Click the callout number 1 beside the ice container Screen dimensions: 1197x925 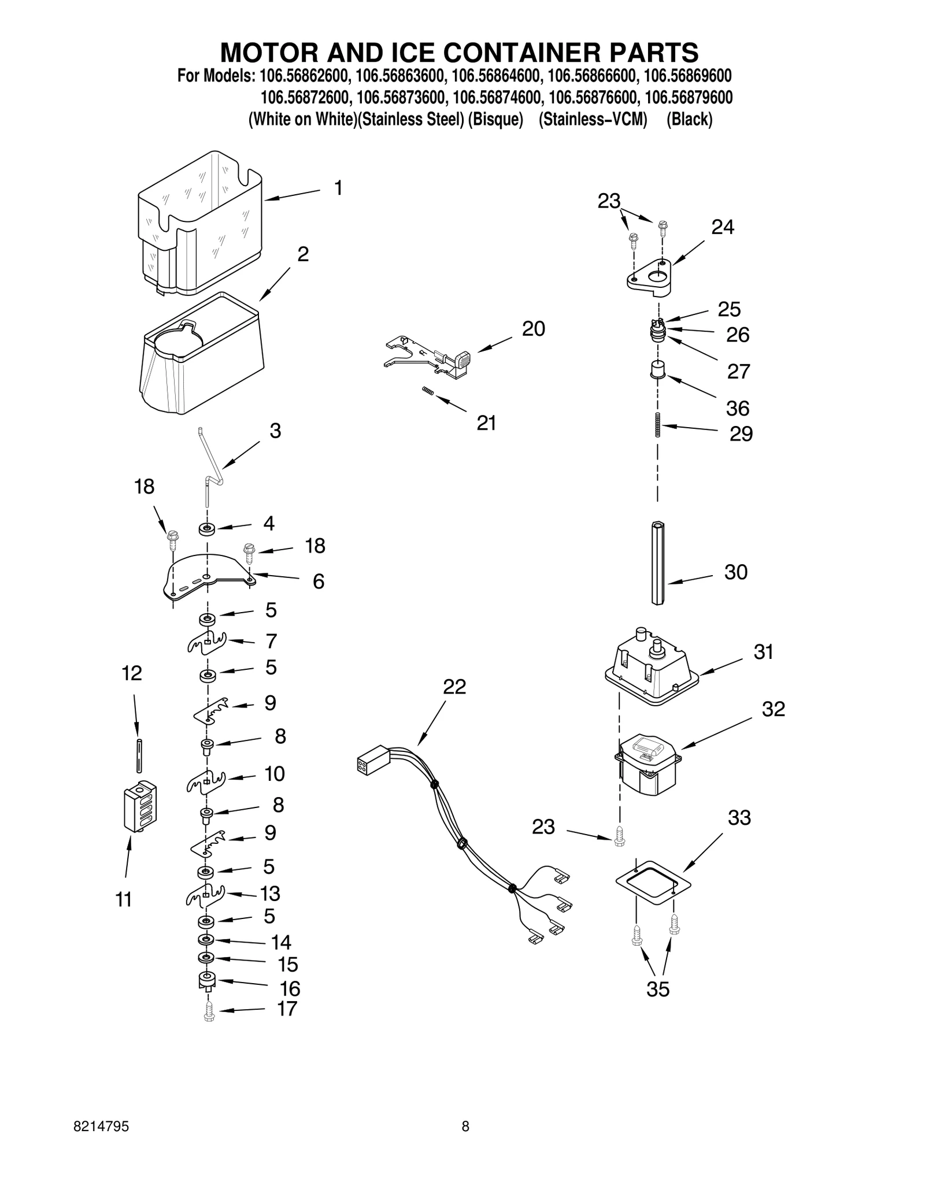pos(338,188)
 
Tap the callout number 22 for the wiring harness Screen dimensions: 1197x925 pos(454,687)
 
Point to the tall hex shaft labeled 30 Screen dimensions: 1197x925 pos(658,562)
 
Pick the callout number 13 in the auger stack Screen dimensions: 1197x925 pos(269,894)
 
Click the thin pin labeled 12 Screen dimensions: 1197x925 pos(139,755)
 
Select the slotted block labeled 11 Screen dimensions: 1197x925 pos(140,806)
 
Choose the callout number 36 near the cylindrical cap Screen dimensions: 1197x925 pos(737,409)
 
